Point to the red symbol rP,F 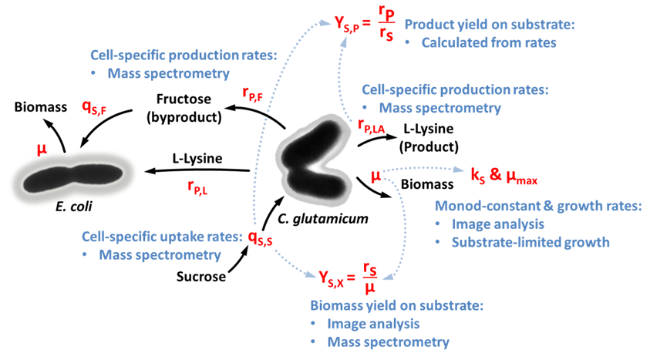(255, 93)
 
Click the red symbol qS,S (259, 238)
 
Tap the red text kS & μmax (503, 180)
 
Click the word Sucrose (201, 275)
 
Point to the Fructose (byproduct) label (189, 109)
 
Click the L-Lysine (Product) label (430, 137)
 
